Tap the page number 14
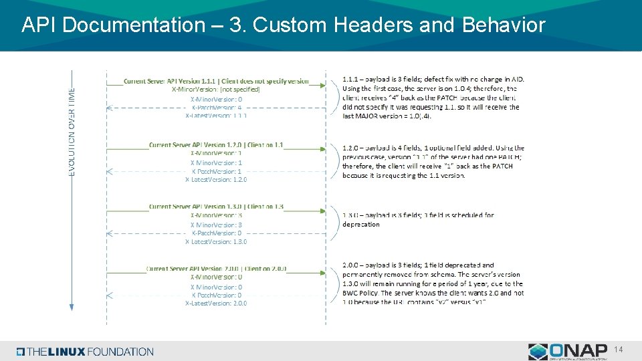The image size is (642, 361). pos(619,350)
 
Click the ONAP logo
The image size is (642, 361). pos(568,351)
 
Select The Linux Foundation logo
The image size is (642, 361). pos(86,352)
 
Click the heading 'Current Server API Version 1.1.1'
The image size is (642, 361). pos(216,81)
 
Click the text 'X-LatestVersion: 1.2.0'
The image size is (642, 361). pos(216,179)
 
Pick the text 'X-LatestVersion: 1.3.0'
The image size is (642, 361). pos(216,241)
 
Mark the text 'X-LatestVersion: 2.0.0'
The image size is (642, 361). pos(216,303)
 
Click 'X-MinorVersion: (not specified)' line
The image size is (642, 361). pos(216,89)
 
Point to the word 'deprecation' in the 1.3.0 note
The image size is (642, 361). pos(361,225)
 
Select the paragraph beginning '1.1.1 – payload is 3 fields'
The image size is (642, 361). pos(431,97)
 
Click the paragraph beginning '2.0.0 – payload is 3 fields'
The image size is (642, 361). pos(433,283)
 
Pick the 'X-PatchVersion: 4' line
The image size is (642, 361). pos(216,107)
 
